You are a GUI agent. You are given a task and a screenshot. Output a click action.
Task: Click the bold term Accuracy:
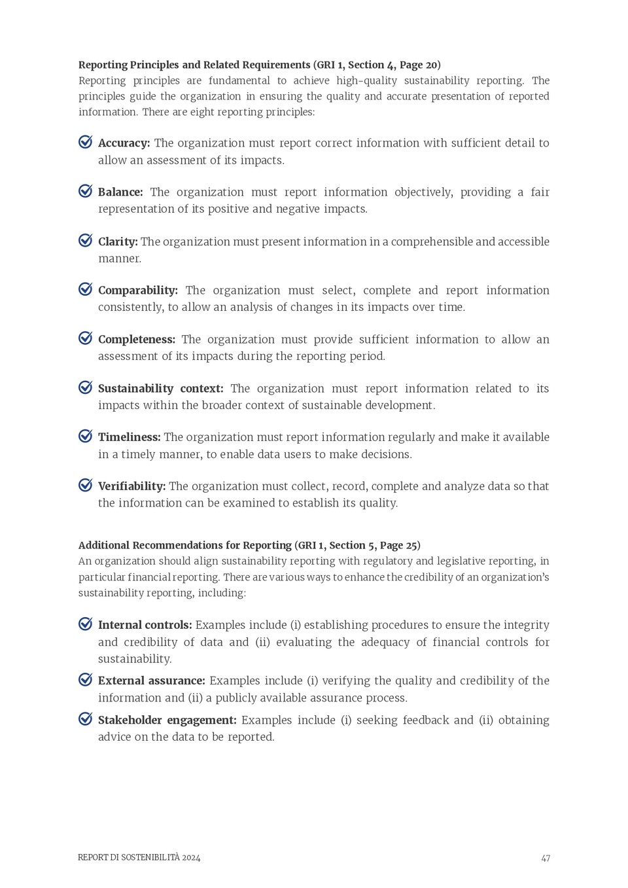[124, 143]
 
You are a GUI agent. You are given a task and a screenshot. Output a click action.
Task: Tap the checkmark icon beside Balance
[86, 191]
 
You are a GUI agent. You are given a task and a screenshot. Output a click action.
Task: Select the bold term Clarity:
[118, 241]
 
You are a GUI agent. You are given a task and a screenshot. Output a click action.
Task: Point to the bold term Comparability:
[137, 290]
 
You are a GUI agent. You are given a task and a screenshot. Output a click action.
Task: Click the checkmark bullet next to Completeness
[86, 338]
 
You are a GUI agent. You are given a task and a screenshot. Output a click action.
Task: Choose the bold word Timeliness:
[129, 436]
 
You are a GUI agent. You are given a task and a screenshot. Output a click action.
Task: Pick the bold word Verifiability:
[131, 486]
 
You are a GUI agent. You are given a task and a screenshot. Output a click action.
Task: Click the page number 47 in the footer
[546, 858]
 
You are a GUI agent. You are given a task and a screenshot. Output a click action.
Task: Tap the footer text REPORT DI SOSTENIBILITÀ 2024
[139, 857]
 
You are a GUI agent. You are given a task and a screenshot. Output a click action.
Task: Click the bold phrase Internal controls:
[145, 625]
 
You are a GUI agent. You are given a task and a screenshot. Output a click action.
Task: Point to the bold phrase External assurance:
[151, 681]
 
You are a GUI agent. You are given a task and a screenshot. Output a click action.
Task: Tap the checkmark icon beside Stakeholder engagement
[86, 719]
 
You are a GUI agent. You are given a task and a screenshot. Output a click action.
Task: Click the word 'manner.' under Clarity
[120, 258]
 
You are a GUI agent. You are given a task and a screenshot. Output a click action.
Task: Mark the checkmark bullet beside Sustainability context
[86, 387]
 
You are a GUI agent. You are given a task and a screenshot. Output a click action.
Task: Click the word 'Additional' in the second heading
[103, 545]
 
